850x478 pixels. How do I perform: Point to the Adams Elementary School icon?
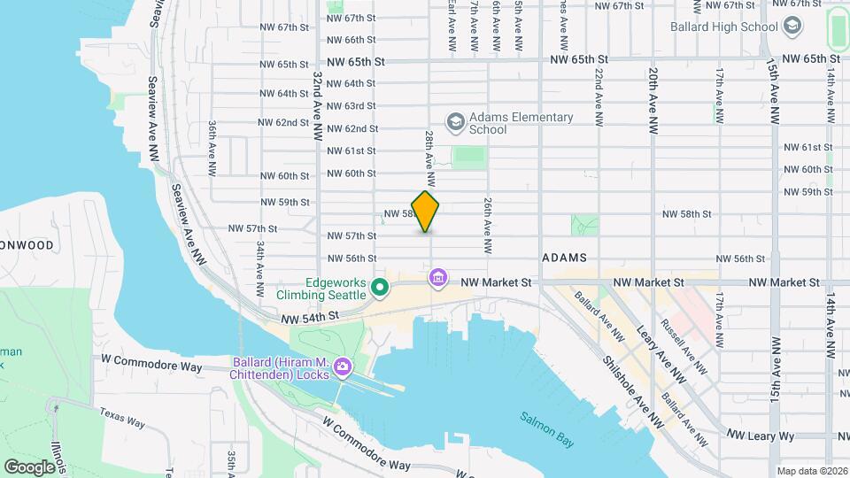click(x=455, y=122)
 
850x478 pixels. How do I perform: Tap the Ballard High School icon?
click(x=792, y=26)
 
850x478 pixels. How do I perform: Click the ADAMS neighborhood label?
click(x=564, y=257)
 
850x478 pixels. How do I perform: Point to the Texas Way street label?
click(x=121, y=417)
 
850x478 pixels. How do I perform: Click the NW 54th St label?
click(x=310, y=316)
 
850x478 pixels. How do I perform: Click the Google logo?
click(x=29, y=466)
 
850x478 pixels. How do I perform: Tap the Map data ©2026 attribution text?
click(x=811, y=471)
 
